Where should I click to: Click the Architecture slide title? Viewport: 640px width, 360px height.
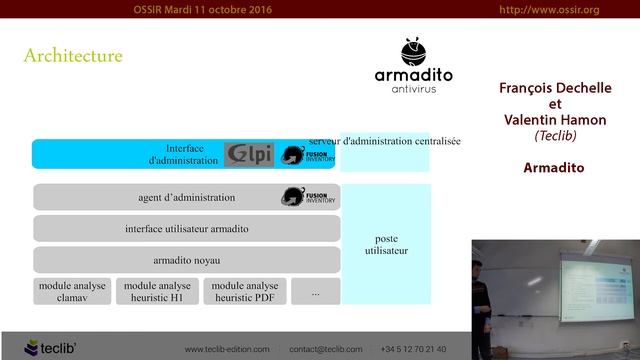coord(73,56)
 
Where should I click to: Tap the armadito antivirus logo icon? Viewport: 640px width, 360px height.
coord(413,52)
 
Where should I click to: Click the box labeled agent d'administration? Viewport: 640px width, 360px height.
coord(187,197)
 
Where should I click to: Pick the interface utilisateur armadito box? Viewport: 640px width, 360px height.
coord(187,228)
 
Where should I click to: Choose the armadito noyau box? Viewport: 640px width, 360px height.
coord(187,259)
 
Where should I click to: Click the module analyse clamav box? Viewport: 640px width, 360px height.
coord(71,291)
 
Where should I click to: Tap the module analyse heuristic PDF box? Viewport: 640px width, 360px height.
coord(244,291)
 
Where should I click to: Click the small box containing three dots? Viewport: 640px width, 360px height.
coord(316,292)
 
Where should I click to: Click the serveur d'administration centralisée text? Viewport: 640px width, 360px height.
coord(385,142)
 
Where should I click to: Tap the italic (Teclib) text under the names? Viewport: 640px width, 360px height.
coord(554,135)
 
